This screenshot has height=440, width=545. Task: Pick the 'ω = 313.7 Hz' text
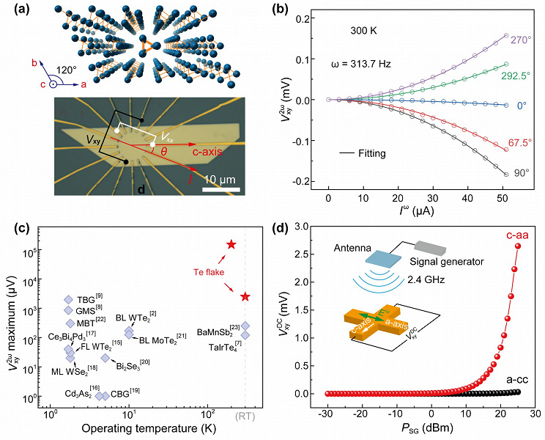pyautogui.click(x=366, y=64)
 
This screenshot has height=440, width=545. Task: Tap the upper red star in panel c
pyautogui.click(x=231, y=244)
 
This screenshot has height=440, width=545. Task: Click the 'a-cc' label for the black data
pyautogui.click(x=517, y=379)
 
